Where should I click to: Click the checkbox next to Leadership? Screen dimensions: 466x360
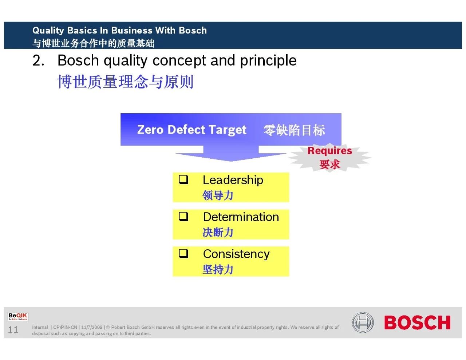pyautogui.click(x=183, y=180)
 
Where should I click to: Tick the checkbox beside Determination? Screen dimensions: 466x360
pyautogui.click(x=183, y=217)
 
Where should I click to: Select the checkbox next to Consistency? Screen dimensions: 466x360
pyautogui.click(x=183, y=254)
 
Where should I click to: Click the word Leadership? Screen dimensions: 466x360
pyautogui.click(x=233, y=180)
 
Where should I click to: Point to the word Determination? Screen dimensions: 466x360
pyautogui.click(x=241, y=217)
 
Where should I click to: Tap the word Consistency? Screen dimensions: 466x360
pyautogui.click(x=236, y=254)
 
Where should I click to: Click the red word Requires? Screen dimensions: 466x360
pyautogui.click(x=329, y=151)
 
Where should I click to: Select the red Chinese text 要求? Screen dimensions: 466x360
pyautogui.click(x=329, y=165)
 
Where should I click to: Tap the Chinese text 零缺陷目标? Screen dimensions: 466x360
pyautogui.click(x=294, y=130)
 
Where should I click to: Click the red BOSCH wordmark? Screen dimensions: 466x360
pyautogui.click(x=417, y=323)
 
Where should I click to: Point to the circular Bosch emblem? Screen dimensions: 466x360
pyautogui.click(x=363, y=323)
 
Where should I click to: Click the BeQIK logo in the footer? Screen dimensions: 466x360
pyautogui.click(x=18, y=316)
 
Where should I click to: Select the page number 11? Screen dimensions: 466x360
pyautogui.click(x=13, y=330)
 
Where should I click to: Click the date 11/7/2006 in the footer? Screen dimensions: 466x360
pyautogui.click(x=92, y=327)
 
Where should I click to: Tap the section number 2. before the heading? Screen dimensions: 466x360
pyautogui.click(x=39, y=60)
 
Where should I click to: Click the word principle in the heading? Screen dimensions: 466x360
pyautogui.click(x=268, y=61)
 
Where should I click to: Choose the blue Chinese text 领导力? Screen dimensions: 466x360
pyautogui.click(x=218, y=195)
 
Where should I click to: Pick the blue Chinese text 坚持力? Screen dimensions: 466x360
pyautogui.click(x=218, y=269)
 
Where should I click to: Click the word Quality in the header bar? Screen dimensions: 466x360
pyautogui.click(x=48, y=31)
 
